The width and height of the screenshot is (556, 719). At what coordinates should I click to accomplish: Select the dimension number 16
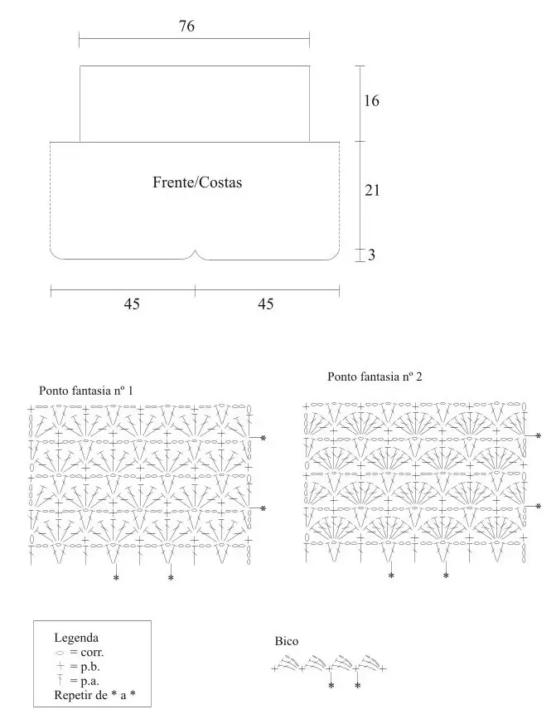[x=371, y=101]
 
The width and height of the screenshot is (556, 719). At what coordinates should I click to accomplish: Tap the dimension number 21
[x=372, y=190]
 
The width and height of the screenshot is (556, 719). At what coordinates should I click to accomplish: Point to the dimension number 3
[x=372, y=255]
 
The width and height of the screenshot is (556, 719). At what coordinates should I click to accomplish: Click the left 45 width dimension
[x=132, y=304]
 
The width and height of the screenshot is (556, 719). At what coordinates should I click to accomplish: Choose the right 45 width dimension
[x=266, y=304]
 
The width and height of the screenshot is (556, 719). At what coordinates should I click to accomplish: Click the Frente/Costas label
[x=197, y=182]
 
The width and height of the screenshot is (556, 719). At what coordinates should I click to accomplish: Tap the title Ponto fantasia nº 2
[x=375, y=377]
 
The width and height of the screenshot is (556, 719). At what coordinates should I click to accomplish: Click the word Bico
[x=287, y=642]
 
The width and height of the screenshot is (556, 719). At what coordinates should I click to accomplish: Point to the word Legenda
[x=76, y=638]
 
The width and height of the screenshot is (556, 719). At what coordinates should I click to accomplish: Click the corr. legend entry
[x=85, y=653]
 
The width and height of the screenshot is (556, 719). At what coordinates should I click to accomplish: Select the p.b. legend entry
[x=85, y=666]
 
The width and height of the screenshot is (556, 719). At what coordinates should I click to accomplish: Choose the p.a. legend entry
[x=85, y=680]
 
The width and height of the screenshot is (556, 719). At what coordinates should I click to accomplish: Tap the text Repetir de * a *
[x=91, y=694]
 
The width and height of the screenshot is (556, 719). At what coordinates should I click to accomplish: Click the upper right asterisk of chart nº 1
[x=263, y=438]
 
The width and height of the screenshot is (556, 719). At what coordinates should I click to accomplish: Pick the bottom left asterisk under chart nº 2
[x=391, y=575]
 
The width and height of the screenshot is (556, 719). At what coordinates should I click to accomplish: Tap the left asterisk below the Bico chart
[x=331, y=686]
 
